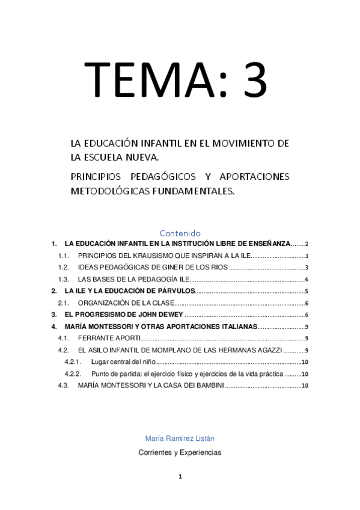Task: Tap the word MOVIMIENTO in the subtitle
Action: point(239,143)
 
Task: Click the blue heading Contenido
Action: point(180,233)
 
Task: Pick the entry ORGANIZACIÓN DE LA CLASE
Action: point(126,303)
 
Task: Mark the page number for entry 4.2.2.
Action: point(305,374)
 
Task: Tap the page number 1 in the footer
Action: point(180,477)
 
